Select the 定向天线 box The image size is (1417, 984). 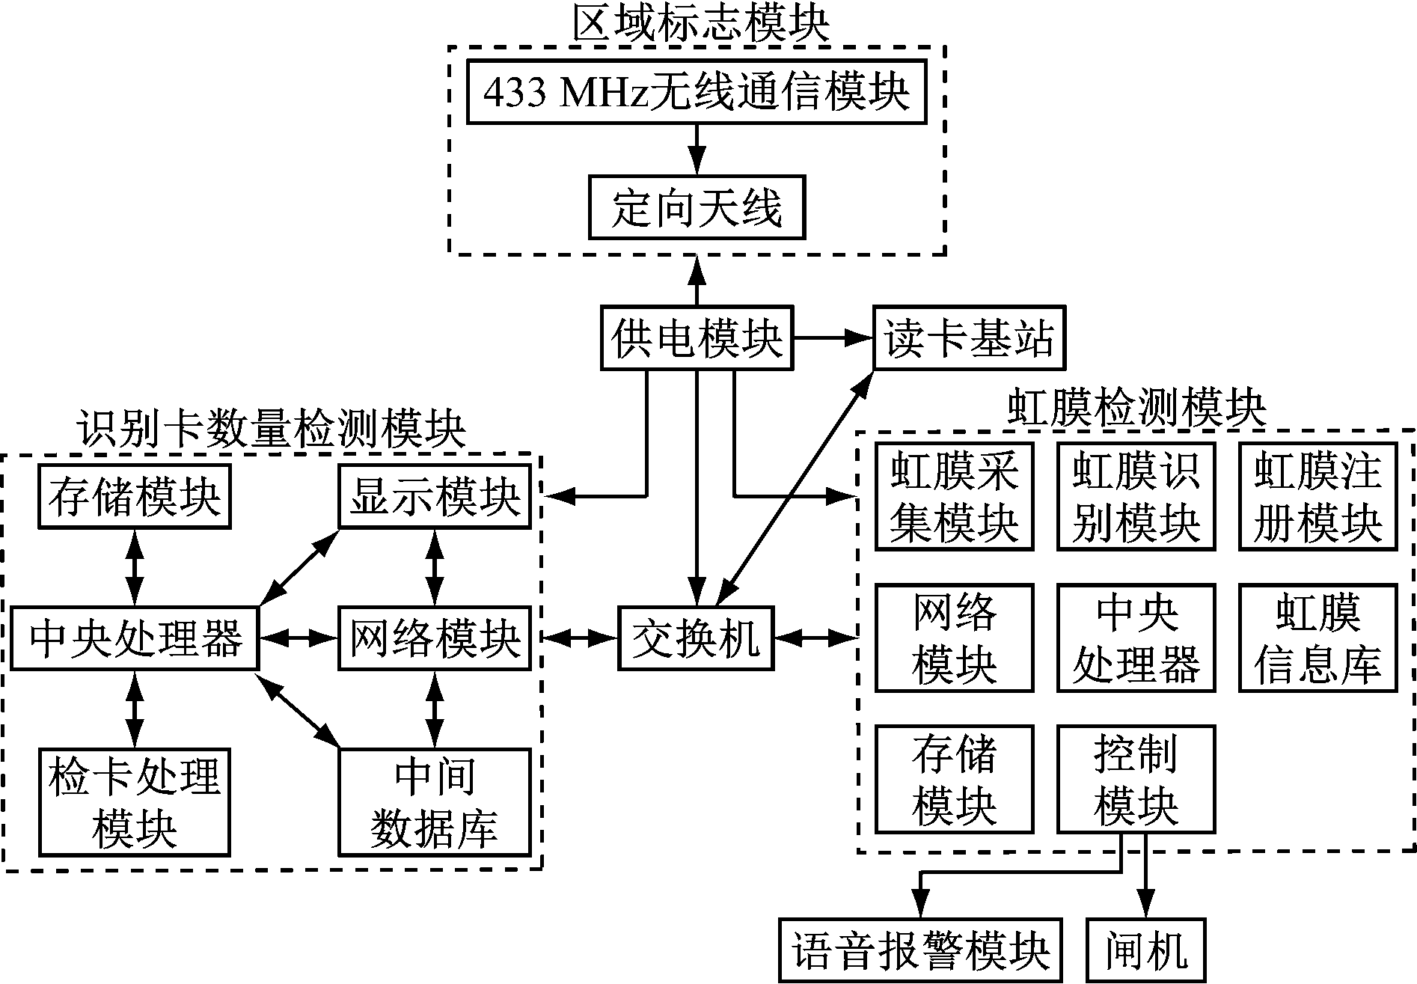697,207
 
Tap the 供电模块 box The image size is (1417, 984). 697,338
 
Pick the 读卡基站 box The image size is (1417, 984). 969,338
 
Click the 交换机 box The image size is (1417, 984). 696,638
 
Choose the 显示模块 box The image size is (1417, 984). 435,496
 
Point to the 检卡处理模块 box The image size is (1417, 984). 135,802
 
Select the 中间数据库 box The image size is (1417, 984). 435,802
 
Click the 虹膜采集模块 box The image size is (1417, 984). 954,497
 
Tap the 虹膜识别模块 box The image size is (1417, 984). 1136,497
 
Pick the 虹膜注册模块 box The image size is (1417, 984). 1317,497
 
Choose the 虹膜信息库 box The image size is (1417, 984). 1317,638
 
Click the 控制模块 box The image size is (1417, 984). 1136,779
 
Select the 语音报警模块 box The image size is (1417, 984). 921,950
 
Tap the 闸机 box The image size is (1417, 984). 1146,950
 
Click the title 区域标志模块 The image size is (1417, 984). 701,25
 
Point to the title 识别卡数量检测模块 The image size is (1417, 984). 271,430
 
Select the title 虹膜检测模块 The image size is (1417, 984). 1136,409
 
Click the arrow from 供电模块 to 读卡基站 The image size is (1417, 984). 833,338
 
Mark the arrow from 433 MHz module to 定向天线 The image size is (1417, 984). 697,150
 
